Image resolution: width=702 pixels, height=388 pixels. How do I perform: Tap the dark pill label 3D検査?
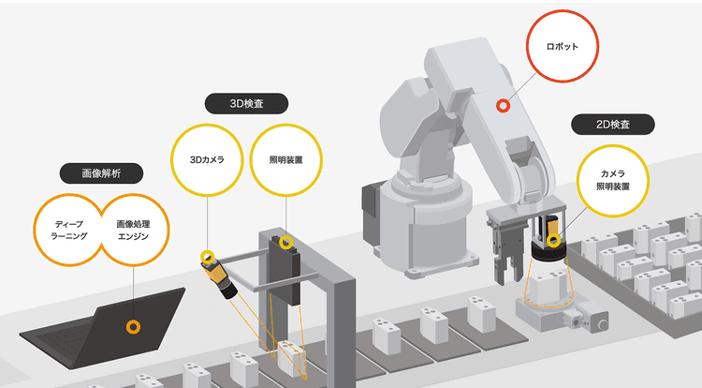[x=245, y=103]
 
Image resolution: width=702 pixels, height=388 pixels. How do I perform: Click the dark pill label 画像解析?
[x=101, y=173]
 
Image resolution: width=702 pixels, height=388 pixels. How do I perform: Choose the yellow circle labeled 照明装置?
[x=286, y=159]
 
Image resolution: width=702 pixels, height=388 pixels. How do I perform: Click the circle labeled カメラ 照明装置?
[x=611, y=180]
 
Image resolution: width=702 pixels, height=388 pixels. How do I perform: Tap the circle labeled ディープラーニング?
[x=70, y=231]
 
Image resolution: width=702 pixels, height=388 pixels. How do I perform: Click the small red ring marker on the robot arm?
[x=503, y=106]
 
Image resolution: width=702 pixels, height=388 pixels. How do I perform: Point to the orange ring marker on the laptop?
[x=134, y=327]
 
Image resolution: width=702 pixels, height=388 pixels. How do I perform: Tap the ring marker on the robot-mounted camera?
[x=554, y=241]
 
